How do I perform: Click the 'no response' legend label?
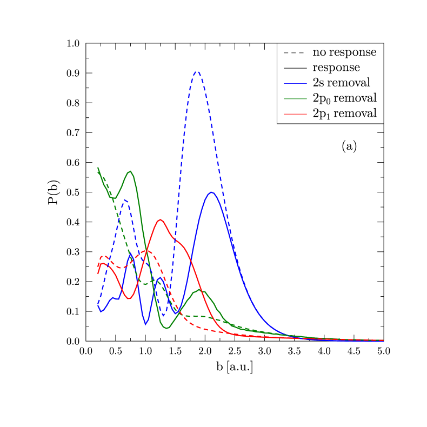(x=344, y=52)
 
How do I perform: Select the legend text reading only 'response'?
(x=336, y=68)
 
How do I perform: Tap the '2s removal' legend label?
(x=341, y=83)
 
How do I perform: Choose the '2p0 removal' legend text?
(x=344, y=98)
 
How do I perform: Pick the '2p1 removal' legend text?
(x=344, y=114)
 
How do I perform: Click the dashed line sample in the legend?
(x=293, y=53)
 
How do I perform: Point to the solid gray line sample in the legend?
(x=293, y=68)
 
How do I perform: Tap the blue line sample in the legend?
(x=293, y=83)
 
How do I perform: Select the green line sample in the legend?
(x=293, y=98)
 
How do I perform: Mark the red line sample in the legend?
(x=293, y=114)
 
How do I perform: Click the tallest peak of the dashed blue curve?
(x=197, y=71)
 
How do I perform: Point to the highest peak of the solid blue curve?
(x=211, y=192)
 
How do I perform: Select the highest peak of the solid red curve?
(x=159, y=219)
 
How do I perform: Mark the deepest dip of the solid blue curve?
(x=145, y=325)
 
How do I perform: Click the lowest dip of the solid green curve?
(x=166, y=328)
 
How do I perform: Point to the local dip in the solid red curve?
(x=129, y=298)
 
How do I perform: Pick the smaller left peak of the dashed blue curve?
(x=125, y=200)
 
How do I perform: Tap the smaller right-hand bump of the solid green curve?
(x=199, y=290)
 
